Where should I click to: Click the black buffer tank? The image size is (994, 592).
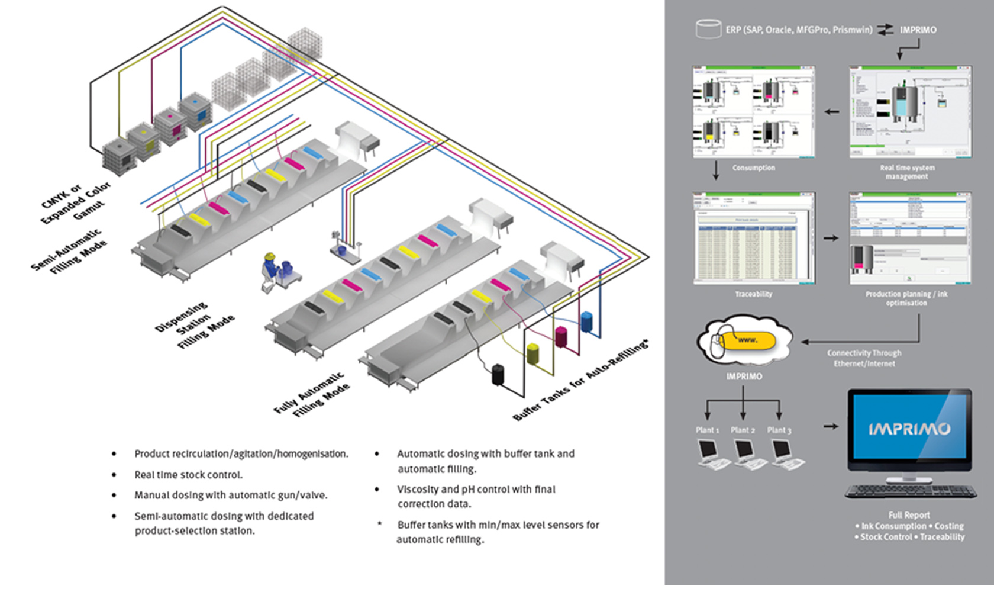(498, 375)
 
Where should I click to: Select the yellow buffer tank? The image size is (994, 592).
(533, 353)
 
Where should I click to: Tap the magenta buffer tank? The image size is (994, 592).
(561, 336)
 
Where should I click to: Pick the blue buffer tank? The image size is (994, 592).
(586, 321)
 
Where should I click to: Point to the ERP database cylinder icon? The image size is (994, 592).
(708, 29)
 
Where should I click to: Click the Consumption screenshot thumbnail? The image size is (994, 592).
(753, 112)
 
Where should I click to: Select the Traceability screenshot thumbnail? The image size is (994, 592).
(754, 238)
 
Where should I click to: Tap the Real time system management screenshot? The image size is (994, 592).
(910, 112)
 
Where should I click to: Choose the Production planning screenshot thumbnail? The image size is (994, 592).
(910, 238)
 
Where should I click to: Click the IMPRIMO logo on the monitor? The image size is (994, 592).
(909, 429)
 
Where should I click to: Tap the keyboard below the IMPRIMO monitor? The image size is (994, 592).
(911, 491)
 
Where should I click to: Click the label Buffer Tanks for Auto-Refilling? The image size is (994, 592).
(580, 381)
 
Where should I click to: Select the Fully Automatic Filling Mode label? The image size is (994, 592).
(312, 395)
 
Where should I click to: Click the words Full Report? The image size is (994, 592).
(909, 516)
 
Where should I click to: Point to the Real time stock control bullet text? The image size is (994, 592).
(188, 475)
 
